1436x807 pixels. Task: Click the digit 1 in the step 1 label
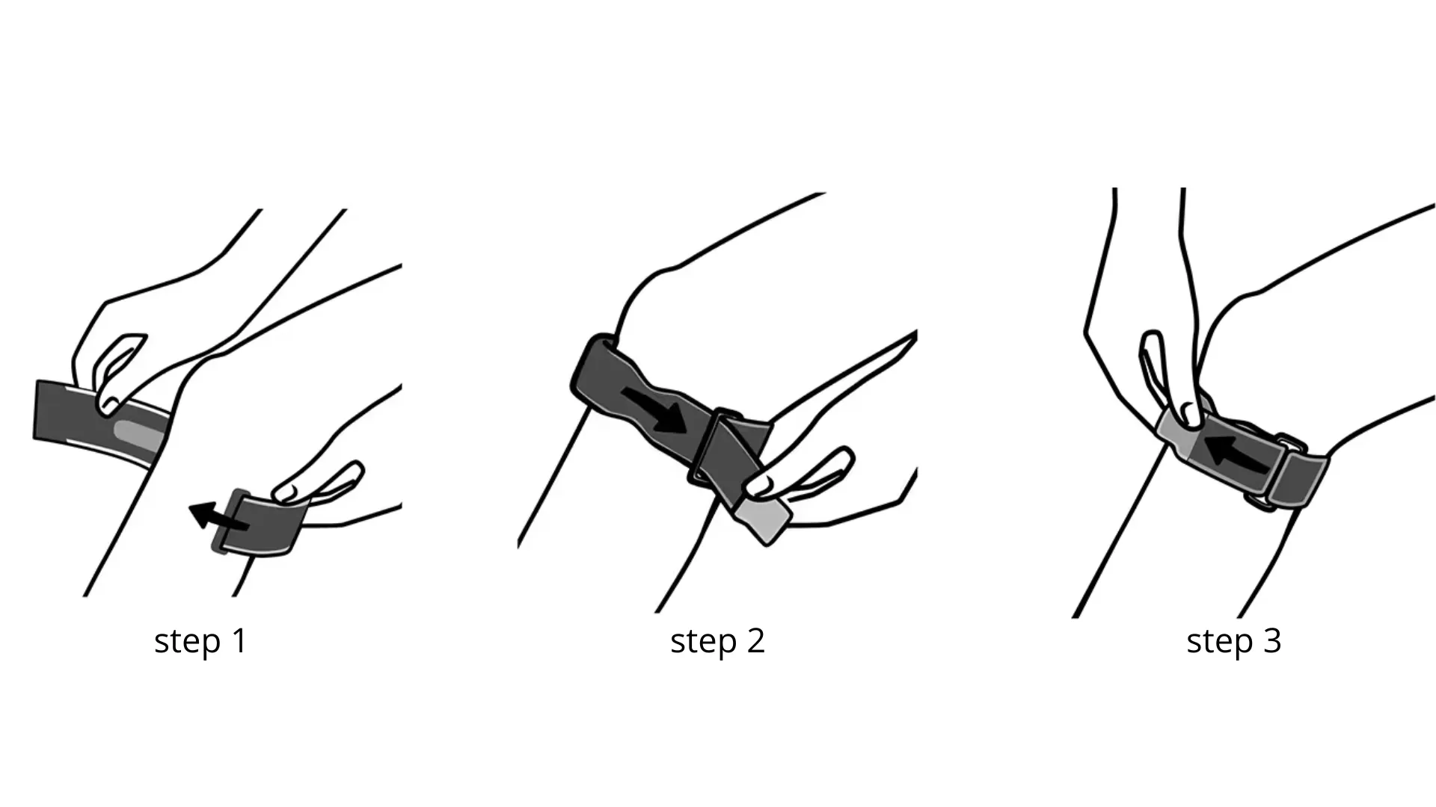tap(240, 640)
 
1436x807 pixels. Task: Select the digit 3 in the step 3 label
tap(1272, 640)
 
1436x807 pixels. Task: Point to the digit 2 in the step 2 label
tap(755, 640)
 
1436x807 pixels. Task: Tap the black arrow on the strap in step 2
tap(654, 409)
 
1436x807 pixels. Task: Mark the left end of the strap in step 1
tap(37, 409)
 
